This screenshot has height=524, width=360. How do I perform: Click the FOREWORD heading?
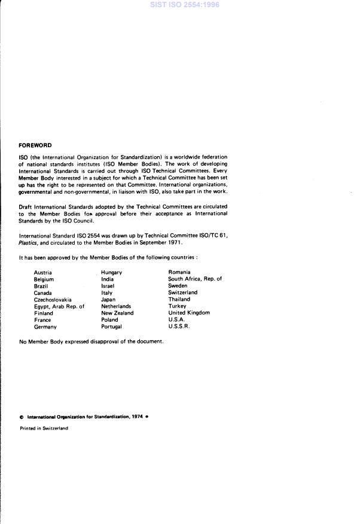[35, 145]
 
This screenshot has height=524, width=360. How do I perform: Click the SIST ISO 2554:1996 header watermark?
[179, 5]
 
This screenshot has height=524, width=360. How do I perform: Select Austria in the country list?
[43, 272]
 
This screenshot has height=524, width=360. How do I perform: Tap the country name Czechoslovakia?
[53, 299]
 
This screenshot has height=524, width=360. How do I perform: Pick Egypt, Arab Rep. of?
[59, 306]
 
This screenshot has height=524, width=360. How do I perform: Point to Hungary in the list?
[111, 272]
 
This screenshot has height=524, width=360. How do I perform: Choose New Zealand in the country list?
[117, 313]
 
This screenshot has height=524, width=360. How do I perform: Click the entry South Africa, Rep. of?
[195, 279]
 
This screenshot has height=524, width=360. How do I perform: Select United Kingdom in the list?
[189, 313]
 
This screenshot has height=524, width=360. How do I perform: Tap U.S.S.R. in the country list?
[180, 327]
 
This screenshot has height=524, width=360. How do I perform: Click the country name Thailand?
[179, 299]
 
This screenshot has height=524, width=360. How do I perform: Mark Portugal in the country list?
[111, 327]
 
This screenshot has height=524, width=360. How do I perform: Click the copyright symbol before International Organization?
[22, 416]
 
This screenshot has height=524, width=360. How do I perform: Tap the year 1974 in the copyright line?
[138, 416]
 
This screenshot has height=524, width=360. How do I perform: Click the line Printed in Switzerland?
[44, 428]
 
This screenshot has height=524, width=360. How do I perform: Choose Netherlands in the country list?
[116, 306]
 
